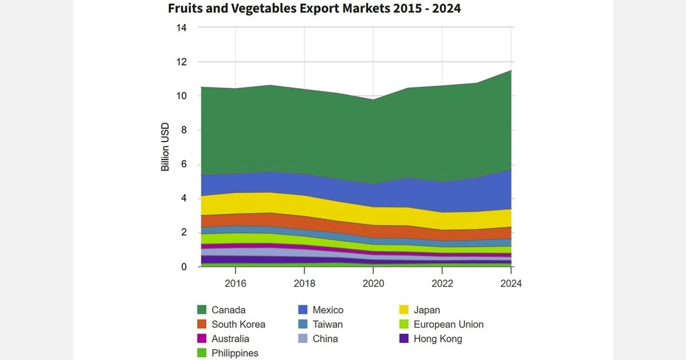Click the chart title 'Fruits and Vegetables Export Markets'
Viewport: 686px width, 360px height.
[314, 9]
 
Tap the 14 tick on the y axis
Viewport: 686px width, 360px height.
[181, 27]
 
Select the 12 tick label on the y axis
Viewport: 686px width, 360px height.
[181, 62]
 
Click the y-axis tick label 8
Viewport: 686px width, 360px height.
[184, 130]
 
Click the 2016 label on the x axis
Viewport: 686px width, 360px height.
[236, 283]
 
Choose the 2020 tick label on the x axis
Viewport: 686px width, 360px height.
[373, 283]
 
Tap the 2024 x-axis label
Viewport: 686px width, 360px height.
[510, 283]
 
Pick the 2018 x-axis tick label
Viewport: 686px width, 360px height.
[304, 283]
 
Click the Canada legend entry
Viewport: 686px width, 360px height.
[228, 310]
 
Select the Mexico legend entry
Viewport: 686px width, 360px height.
[328, 310]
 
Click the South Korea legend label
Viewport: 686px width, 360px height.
[238, 325]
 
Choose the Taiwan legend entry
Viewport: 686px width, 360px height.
[328, 325]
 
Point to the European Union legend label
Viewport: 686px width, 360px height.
[448, 325]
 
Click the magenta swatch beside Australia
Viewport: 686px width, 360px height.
[202, 339]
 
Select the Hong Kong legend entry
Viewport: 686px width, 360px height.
[437, 339]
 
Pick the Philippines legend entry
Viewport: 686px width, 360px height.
[235, 353]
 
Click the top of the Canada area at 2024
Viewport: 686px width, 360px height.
[510, 70]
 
